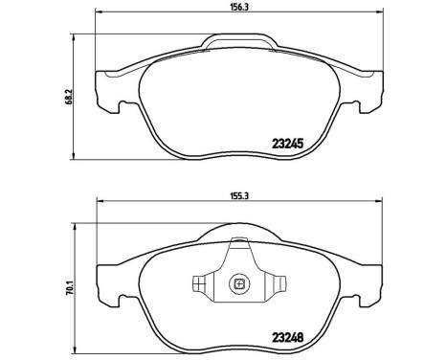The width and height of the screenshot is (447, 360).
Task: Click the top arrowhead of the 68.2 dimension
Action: pos(78,43)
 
